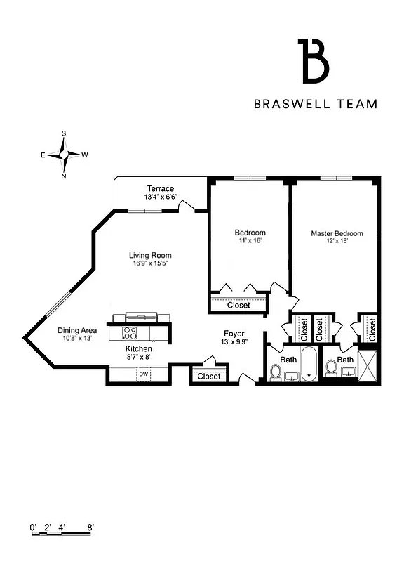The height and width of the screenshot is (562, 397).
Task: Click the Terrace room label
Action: point(161,188)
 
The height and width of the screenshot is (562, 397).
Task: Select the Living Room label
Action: point(150,255)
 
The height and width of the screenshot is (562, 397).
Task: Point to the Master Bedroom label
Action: point(337,233)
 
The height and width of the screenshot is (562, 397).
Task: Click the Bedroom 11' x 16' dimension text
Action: point(250,241)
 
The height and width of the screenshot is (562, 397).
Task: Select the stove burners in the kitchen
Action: point(130,332)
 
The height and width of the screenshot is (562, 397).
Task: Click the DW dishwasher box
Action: point(143,374)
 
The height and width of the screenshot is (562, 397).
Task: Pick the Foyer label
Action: point(234,333)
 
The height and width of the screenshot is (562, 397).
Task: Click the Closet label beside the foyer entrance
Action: point(209,377)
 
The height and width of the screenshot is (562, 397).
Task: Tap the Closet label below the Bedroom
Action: point(238,306)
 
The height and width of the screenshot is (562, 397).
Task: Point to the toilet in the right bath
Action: point(330,368)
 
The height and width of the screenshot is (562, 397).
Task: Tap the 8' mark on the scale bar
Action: point(90,526)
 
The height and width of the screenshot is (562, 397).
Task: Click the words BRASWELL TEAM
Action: point(315,104)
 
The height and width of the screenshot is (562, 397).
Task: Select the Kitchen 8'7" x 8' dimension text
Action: point(138,357)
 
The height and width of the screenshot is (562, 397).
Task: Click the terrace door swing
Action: point(186,204)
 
